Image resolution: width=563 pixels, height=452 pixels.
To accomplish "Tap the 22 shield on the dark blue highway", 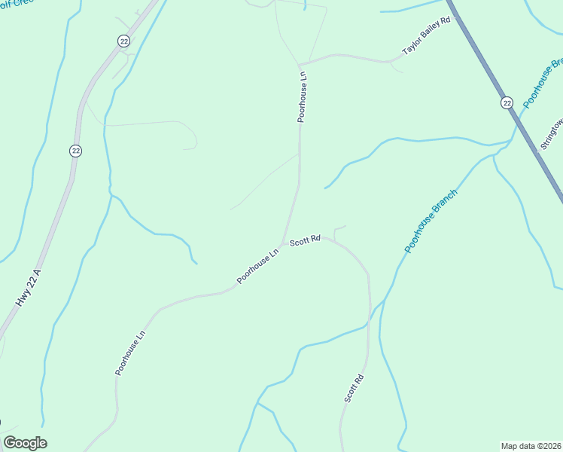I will pyautogui.click(x=507, y=102).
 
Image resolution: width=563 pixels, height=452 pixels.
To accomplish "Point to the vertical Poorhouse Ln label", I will pyautogui.click(x=303, y=97).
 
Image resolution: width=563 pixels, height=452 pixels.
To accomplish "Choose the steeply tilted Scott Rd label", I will pyautogui.click(x=355, y=388).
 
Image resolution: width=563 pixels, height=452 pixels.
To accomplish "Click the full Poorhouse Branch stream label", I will pyautogui.click(x=431, y=220).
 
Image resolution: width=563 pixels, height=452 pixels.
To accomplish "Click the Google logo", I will pyautogui.click(x=25, y=443).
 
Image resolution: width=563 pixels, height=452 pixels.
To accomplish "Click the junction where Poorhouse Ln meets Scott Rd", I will pyautogui.click(x=283, y=243).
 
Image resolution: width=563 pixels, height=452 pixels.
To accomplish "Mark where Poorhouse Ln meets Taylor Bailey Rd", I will pyautogui.click(x=300, y=64).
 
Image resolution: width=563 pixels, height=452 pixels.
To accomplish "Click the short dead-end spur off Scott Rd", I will pyautogui.click(x=336, y=231).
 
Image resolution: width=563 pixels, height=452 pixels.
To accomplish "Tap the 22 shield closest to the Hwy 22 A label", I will pyautogui.click(x=76, y=151).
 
